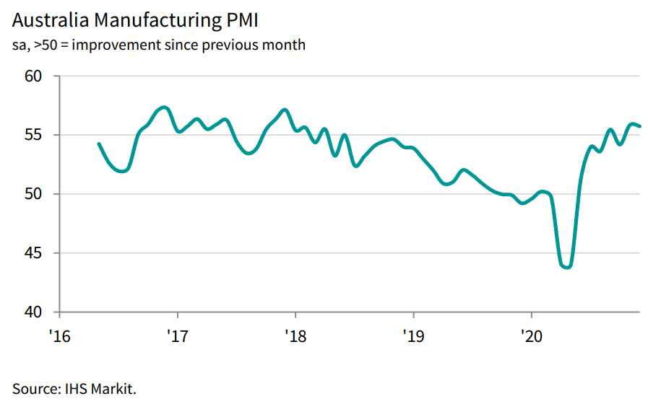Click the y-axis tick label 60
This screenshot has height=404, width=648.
35,76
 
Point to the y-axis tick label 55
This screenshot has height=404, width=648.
35,136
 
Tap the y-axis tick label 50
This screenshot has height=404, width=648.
35,195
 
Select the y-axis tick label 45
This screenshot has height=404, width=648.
35,254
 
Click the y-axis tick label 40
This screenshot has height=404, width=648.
35,312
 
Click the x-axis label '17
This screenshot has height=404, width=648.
177,335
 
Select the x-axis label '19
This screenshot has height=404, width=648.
413,335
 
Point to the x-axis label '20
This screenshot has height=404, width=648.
532,335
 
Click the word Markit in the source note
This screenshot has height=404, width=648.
111,388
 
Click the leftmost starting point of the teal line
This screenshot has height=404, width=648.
98,144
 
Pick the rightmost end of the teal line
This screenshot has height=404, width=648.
640,126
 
